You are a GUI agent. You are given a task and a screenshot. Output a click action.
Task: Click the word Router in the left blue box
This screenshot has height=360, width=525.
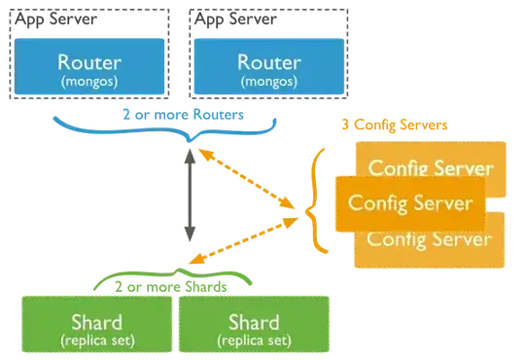89,60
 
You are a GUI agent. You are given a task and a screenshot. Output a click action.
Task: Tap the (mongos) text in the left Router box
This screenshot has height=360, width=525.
89,82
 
